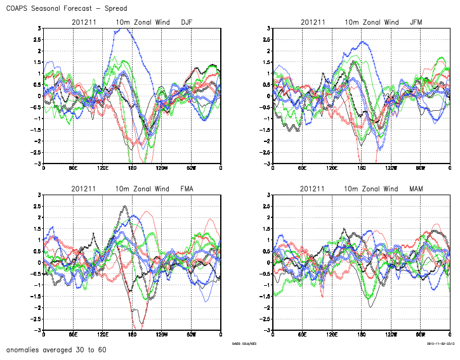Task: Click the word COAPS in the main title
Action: click(18, 9)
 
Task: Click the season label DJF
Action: click(187, 23)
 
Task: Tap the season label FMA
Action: click(187, 189)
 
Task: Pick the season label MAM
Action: click(416, 189)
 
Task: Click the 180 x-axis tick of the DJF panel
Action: click(132, 169)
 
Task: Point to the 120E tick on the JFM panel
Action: click(332, 169)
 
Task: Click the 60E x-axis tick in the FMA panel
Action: click(73, 335)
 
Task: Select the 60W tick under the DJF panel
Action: click(191, 169)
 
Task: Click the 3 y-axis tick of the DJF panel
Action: click(39, 29)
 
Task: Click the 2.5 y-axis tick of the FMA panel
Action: click(37, 206)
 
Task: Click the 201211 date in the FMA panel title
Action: click(83, 189)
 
